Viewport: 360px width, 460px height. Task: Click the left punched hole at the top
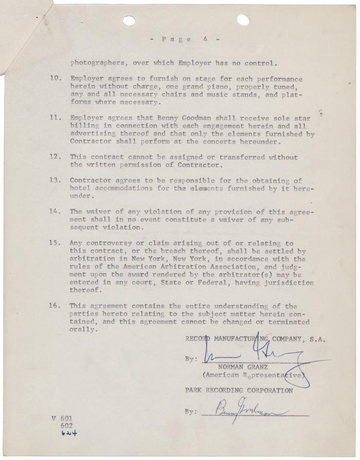tap(129, 21)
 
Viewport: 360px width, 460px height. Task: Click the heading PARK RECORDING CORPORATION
tap(239, 391)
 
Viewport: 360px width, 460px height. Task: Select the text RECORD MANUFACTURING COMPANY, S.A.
tap(255, 339)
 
